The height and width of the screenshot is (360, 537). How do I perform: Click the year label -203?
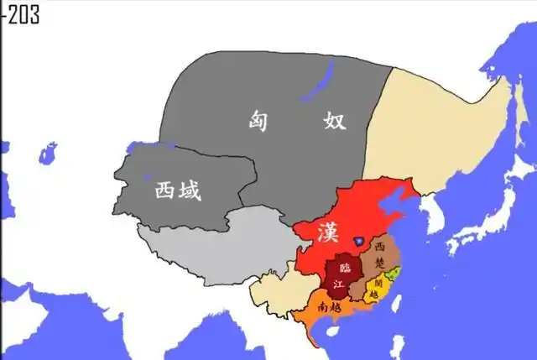point(20,15)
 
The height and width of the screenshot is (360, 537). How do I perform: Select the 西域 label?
point(178,191)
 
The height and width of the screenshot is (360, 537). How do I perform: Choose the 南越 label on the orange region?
point(329,305)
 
